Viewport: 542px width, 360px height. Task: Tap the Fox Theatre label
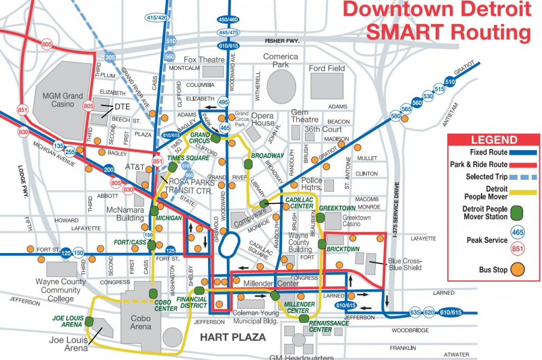pyautogui.click(x=205, y=60)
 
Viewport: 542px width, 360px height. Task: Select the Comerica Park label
pyautogui.click(x=281, y=60)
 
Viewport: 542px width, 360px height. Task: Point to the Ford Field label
pyautogui.click(x=327, y=68)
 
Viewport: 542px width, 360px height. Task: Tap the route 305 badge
pyautogui.click(x=110, y=57)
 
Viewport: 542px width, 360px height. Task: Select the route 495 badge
pyautogui.click(x=223, y=101)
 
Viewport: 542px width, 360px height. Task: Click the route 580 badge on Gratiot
pyautogui.click(x=395, y=116)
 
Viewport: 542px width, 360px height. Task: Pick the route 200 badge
pyautogui.click(x=109, y=170)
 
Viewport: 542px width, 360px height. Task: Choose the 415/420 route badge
pyautogui.click(x=156, y=17)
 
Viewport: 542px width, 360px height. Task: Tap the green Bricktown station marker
pyautogui.click(x=322, y=245)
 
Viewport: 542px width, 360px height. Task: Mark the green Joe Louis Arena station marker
pyautogui.click(x=89, y=321)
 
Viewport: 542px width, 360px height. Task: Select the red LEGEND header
pyautogui.click(x=494, y=140)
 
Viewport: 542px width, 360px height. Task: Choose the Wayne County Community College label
pyautogui.click(x=61, y=290)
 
